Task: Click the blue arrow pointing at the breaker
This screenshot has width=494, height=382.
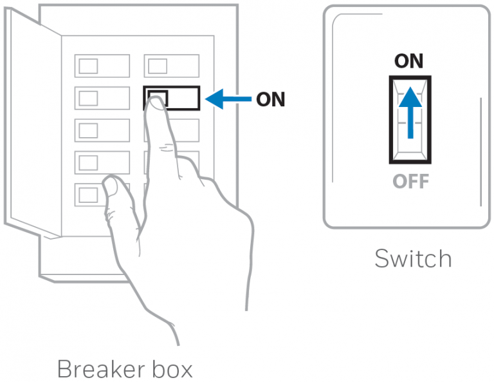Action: pyautogui.click(x=228, y=99)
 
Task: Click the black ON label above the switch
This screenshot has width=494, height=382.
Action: pyautogui.click(x=409, y=61)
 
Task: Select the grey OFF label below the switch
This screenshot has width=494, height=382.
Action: pyautogui.click(x=410, y=181)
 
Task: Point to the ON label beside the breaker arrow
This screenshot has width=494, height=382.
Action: pyautogui.click(x=270, y=99)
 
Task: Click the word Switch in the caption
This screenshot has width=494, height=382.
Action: pyautogui.click(x=413, y=259)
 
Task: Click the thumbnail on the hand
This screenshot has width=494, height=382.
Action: pyautogui.click(x=111, y=188)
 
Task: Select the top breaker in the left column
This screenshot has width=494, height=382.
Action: pyautogui.click(x=102, y=65)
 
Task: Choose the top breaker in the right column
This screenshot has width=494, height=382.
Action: pyautogui.click(x=171, y=65)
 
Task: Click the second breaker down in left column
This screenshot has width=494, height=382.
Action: pyautogui.click(x=102, y=98)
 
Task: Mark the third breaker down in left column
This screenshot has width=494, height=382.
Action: pyautogui.click(x=102, y=130)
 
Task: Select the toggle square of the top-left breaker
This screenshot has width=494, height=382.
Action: pyautogui.click(x=88, y=65)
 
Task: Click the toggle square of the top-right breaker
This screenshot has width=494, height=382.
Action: pyautogui.click(x=157, y=65)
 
